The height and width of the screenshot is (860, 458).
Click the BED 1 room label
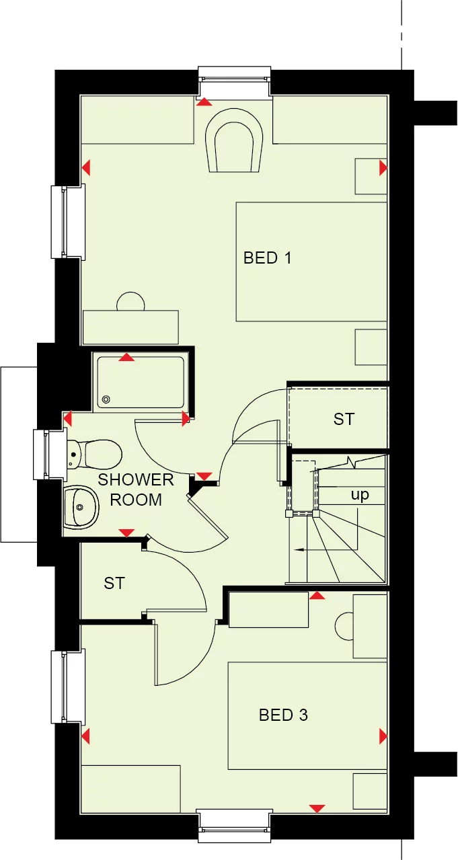point(268,258)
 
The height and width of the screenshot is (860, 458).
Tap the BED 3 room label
point(283,715)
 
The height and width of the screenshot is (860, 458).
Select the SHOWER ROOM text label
point(136,490)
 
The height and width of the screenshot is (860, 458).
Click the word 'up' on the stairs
point(360,495)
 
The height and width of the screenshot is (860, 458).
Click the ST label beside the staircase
point(344,419)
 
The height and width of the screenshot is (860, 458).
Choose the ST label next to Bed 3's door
point(114,583)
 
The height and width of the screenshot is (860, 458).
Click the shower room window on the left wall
point(42,454)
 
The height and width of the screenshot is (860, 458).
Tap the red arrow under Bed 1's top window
point(204,102)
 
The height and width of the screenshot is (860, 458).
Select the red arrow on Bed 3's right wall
point(383,736)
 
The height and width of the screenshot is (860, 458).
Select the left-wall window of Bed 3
point(69,686)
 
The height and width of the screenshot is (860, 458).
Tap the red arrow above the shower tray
point(126,357)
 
